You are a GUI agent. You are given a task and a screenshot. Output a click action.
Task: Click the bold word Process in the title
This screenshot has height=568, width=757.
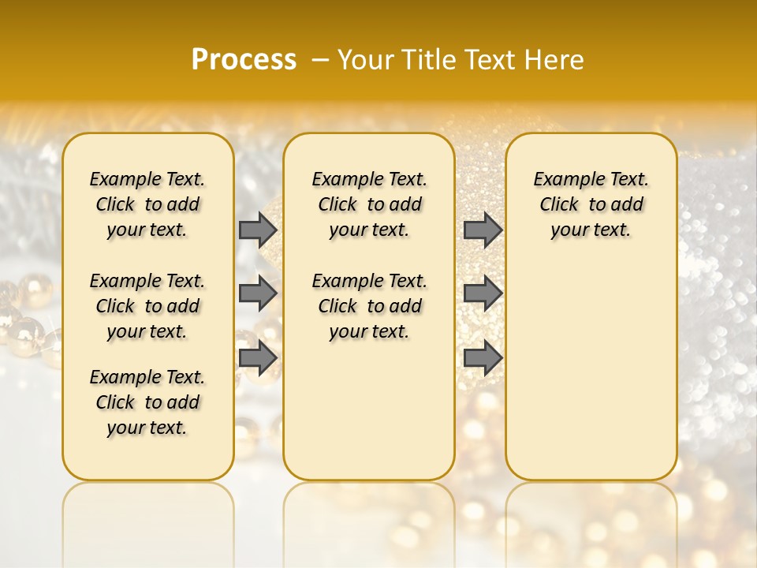click(244, 60)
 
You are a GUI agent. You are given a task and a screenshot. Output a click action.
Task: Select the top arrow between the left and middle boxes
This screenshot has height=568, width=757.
click(258, 230)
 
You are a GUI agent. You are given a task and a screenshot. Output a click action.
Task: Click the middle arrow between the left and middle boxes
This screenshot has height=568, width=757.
click(258, 293)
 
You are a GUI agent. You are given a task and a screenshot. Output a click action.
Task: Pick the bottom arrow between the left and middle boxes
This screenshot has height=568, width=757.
click(258, 358)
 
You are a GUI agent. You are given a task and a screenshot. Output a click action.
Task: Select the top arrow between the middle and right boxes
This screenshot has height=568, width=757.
click(483, 230)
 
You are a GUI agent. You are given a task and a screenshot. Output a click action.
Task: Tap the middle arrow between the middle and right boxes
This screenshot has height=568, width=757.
click(483, 293)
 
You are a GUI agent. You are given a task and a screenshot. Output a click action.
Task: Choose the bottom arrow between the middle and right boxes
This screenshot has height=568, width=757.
click(483, 358)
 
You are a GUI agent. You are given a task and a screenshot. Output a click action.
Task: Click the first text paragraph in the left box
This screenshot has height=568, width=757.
click(147, 204)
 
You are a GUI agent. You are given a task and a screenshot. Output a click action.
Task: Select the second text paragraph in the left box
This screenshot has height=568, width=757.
click(147, 306)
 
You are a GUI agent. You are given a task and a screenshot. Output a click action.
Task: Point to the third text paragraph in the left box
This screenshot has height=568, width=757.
click(147, 402)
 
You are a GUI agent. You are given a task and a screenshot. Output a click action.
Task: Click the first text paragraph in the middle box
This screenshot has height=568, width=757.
click(370, 204)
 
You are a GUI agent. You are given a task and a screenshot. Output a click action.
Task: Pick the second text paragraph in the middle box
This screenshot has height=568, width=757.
click(370, 306)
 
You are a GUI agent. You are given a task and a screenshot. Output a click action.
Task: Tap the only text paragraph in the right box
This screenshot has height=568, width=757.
click(591, 204)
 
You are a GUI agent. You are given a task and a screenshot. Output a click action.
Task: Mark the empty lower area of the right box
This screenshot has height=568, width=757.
click(591, 363)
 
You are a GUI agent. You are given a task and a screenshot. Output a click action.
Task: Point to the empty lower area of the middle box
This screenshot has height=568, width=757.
click(370, 410)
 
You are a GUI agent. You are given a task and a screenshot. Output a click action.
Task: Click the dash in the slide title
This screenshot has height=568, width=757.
click(319, 60)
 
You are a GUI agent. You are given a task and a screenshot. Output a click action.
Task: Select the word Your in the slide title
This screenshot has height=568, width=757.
click(366, 60)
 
